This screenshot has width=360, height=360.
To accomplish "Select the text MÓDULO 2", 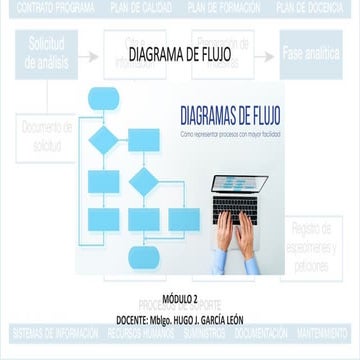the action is [179, 297].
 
